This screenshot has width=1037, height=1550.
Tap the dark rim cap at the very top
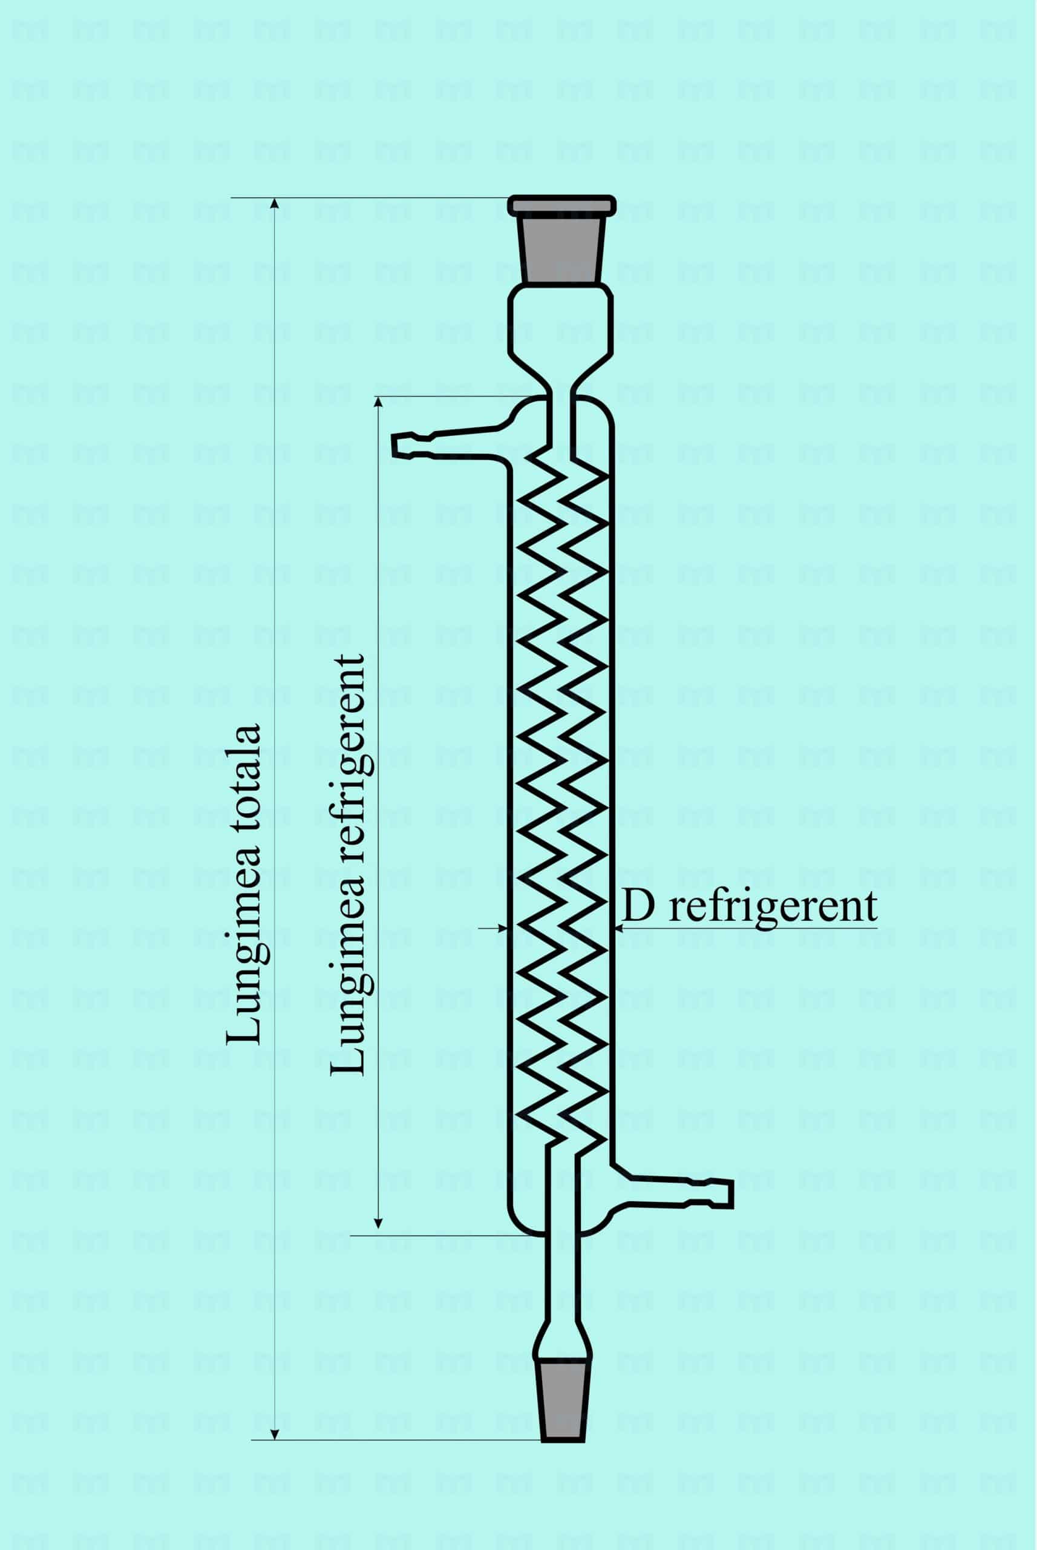(x=562, y=205)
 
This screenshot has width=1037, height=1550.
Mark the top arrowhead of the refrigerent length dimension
(x=378, y=403)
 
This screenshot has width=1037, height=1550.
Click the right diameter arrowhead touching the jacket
(x=618, y=929)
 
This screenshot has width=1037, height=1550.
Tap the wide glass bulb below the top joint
(x=561, y=325)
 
